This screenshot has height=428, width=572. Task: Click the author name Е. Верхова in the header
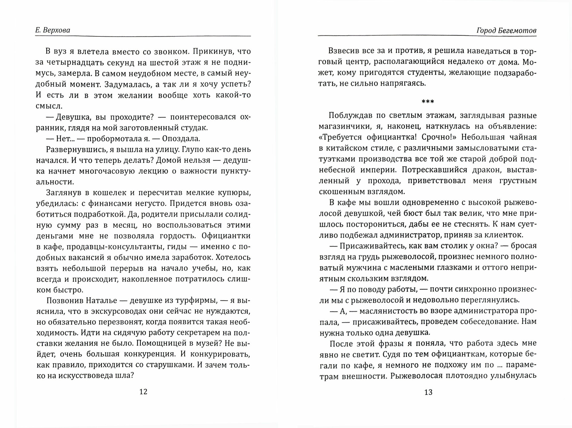[53, 30]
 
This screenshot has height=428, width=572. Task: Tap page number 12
[143, 392]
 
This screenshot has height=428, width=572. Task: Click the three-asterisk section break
[428, 102]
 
